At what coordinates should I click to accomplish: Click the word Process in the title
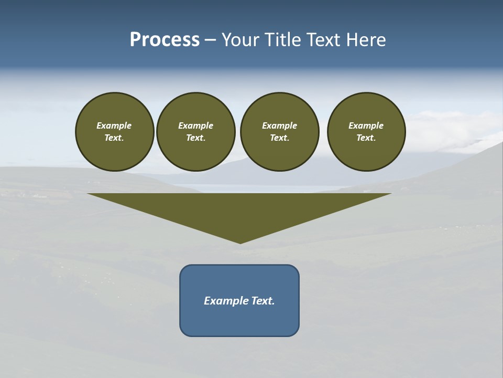pos(165,40)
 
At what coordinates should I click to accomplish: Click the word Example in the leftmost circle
pos(114,125)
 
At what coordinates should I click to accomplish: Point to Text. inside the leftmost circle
pos(114,138)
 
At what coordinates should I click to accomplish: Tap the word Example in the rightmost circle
pos(366,125)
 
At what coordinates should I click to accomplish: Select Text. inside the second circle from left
pos(195,138)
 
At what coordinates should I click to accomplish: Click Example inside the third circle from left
pos(279,125)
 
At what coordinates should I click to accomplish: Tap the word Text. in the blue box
pos(263,301)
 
